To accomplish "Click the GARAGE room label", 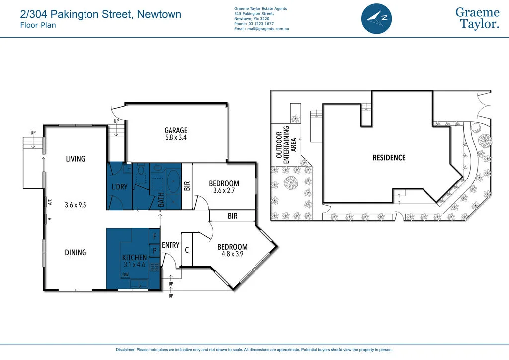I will point(176,131).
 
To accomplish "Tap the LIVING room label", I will point(76,159).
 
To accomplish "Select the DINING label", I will point(76,253).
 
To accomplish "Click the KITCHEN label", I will point(135,257).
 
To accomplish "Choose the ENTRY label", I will point(170,245).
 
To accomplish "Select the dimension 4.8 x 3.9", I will point(232,255).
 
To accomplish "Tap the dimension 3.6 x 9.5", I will point(76,204).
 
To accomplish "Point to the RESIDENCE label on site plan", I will point(389,158).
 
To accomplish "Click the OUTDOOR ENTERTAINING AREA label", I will point(286,145).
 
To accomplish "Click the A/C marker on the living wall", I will point(50,202).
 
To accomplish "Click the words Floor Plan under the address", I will point(38,25).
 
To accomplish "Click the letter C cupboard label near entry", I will point(187,250).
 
